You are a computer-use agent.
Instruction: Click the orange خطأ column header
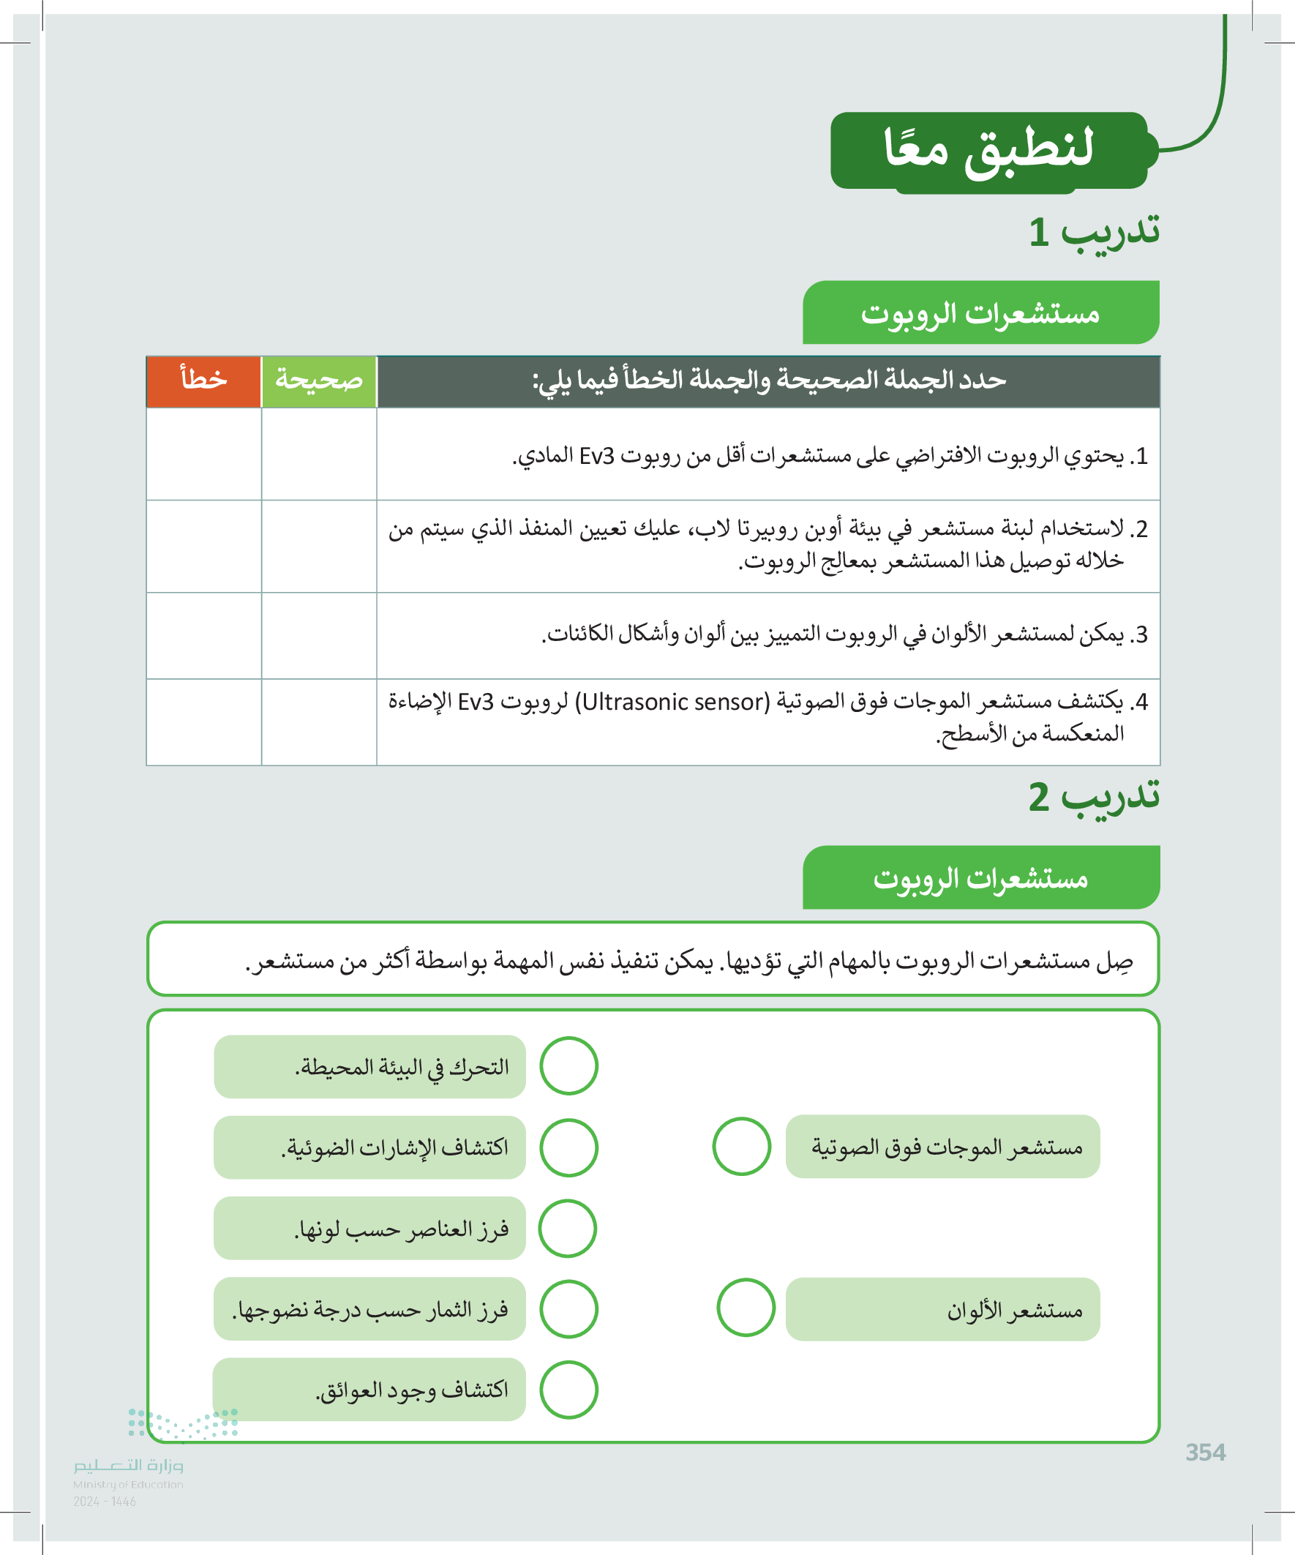(203, 381)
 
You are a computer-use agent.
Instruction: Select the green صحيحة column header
(319, 381)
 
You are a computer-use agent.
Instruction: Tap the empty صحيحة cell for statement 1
(319, 454)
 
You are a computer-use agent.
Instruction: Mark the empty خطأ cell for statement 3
(203, 635)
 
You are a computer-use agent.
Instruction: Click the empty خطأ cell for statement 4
(203, 722)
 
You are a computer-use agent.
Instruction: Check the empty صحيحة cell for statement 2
(319, 547)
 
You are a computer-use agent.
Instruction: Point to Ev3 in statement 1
(597, 456)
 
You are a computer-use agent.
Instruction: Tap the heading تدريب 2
(1094, 797)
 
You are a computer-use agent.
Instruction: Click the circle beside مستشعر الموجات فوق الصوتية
(741, 1146)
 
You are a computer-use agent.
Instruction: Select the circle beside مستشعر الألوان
(746, 1307)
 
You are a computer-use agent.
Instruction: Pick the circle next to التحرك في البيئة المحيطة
(568, 1065)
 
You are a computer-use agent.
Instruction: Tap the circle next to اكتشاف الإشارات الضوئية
(568, 1147)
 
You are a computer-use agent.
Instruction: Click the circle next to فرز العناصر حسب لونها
(567, 1229)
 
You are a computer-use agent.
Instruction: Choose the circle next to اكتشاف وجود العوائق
(568, 1389)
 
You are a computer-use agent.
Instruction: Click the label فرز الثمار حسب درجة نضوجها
(369, 1309)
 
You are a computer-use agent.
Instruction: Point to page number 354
(1205, 1452)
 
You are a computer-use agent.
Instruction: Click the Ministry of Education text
(128, 1484)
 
